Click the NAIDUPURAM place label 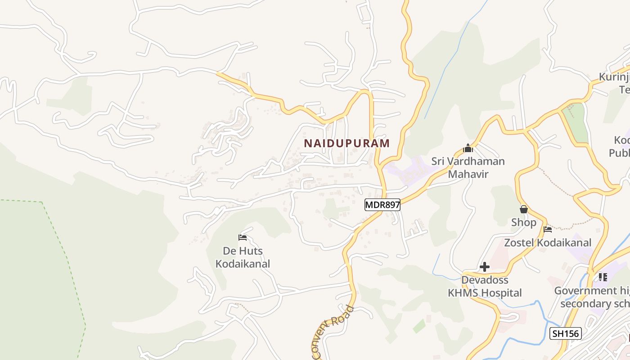(346, 144)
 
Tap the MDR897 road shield (382, 205)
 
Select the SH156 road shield (566, 333)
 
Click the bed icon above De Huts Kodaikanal (243, 237)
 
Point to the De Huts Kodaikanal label (243, 257)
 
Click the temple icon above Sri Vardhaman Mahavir (468, 148)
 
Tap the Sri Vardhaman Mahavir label (468, 167)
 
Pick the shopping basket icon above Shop (523, 209)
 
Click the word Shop (523, 222)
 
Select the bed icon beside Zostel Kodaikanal (548, 229)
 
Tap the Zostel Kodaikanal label (548, 243)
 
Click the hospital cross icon (484, 267)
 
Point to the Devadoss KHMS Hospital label (485, 287)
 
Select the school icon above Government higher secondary (603, 277)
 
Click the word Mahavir (468, 174)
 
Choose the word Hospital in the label (501, 293)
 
